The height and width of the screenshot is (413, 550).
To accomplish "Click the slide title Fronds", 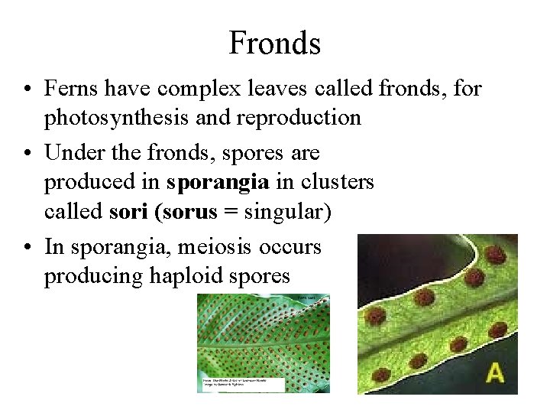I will coord(274,43).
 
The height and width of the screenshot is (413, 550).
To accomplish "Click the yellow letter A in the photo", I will coord(496,372).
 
